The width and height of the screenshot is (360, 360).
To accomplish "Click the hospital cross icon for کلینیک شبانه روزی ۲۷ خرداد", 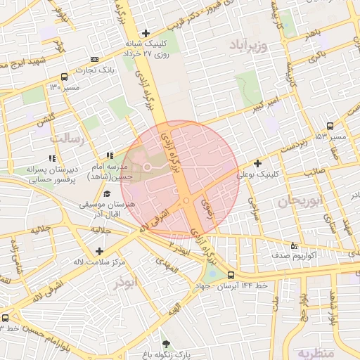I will point(146,33).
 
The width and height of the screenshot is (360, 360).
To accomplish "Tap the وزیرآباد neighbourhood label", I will point(249,46).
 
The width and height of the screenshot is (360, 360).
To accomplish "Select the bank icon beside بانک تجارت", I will point(95,60).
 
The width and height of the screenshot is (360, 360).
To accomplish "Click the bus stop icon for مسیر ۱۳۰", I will point(65,77).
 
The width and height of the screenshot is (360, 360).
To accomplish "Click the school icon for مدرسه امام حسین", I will point(110,155).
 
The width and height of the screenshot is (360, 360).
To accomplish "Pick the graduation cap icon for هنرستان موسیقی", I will point(106,194).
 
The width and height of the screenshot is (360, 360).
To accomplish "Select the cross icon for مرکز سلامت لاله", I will point(98,251).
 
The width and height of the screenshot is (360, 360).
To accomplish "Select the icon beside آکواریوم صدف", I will point(294,245).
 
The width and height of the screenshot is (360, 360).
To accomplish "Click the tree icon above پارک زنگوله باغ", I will point(167,344).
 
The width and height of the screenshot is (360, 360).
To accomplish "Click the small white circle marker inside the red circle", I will point(148,167).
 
